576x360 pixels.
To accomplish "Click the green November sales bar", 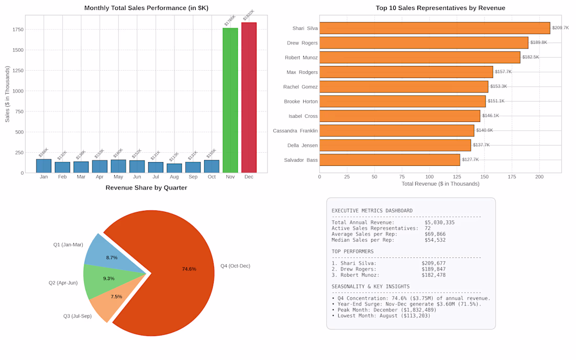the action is tap(230, 100).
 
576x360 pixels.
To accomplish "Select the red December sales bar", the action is tap(249, 98).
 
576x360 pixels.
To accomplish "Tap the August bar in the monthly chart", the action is tap(174, 168).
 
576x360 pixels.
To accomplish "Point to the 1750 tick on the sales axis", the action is tap(18, 29).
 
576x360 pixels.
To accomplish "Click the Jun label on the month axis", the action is tap(137, 177).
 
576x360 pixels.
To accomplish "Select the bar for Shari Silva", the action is tap(435, 28).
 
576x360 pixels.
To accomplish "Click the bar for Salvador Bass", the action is tap(390, 160).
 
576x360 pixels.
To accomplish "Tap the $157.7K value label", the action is tap(503, 72).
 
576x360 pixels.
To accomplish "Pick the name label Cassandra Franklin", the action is tap(295, 131).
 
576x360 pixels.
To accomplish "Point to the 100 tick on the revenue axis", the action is tap(429, 177).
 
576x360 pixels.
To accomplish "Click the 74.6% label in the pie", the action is tap(189, 269).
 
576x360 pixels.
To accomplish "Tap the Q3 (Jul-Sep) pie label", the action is tap(77, 316).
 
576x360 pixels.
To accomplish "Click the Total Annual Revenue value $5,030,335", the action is tap(440, 222).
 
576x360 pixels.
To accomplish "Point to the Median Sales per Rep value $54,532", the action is tap(435, 240).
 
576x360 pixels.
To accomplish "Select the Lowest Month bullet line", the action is tap(381, 316).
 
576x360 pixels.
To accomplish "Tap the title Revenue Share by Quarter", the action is tap(146, 187).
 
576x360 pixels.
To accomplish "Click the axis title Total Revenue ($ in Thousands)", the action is tap(440, 184).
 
